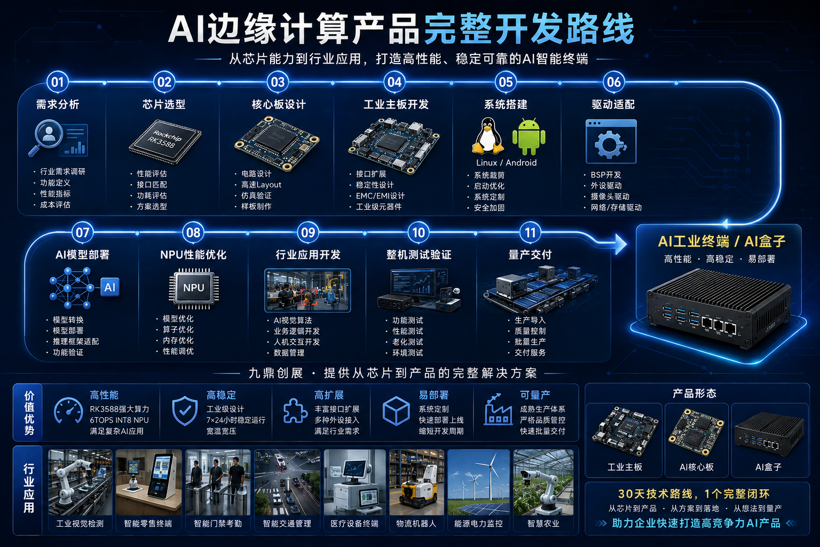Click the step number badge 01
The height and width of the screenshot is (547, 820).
point(58,82)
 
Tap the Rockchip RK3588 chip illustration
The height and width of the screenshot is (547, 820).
point(165,142)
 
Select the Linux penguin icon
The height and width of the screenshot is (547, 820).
point(488,136)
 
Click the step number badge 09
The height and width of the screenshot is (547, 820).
point(308,232)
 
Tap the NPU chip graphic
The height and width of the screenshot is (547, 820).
point(194,288)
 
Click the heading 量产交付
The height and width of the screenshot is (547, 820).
point(530,255)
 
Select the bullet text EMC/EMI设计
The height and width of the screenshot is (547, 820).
point(380,196)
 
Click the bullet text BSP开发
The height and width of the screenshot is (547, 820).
point(606,175)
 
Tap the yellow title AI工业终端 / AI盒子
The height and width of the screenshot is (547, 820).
point(722,241)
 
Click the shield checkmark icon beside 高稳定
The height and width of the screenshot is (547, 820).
point(185,411)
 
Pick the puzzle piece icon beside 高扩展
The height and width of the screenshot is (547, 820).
point(295,411)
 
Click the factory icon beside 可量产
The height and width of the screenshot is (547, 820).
point(498,410)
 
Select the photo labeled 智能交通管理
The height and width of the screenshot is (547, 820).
point(287,482)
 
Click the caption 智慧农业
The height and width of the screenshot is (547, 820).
point(543,523)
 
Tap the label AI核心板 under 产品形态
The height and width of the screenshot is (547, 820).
point(697,467)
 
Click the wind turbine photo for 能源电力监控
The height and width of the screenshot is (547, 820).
point(478,482)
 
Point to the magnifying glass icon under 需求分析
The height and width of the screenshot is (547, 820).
point(45,138)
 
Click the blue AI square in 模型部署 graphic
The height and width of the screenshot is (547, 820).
point(110,287)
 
